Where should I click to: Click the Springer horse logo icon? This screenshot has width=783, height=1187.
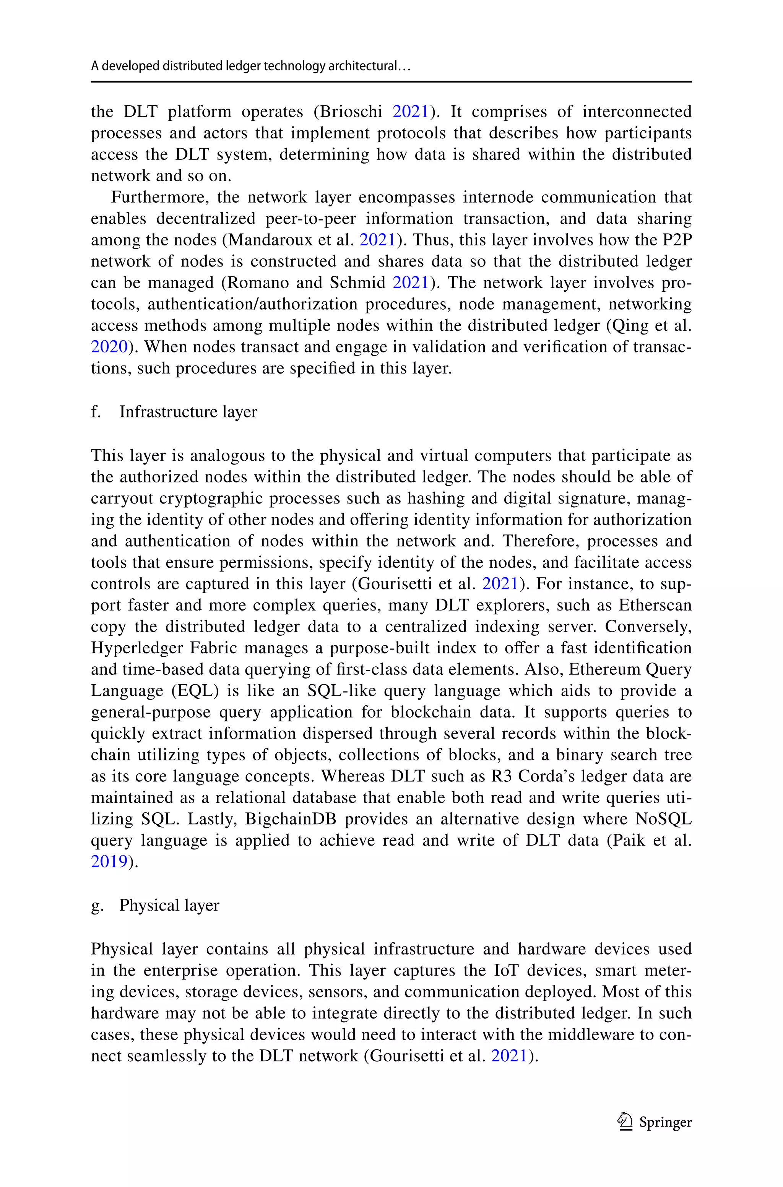(625, 1122)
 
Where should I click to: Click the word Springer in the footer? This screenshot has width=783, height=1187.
(665, 1123)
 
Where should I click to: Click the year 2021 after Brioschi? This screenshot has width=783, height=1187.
(411, 111)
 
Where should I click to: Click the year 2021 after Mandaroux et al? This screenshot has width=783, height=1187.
(377, 240)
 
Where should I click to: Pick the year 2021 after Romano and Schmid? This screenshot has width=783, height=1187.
(411, 283)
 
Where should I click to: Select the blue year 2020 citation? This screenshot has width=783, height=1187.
(109, 347)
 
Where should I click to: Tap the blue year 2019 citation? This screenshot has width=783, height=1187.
(109, 862)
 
